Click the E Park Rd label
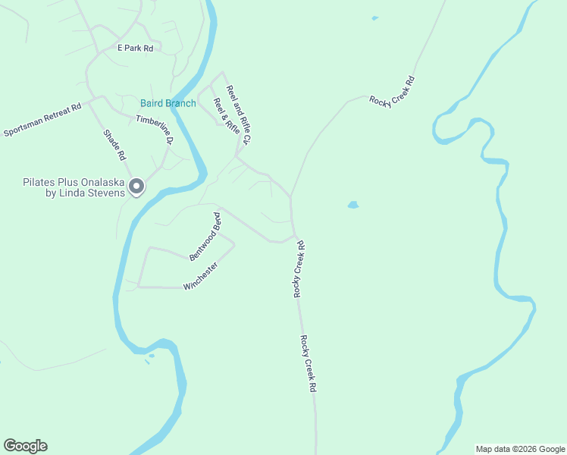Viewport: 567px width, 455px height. [x=135, y=48]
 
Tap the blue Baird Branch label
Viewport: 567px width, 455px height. [x=168, y=103]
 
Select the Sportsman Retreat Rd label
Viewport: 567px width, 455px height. [x=42, y=121]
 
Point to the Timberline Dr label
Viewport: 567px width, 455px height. [x=155, y=129]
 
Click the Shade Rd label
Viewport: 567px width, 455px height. [x=114, y=145]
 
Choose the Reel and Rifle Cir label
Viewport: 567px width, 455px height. [x=238, y=114]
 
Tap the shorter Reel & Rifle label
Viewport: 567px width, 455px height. [x=226, y=116]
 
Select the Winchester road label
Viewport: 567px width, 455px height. [x=201, y=276]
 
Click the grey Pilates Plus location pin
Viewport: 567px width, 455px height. [x=136, y=186]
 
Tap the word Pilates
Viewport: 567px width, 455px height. [x=39, y=182]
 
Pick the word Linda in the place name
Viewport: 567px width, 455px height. [x=73, y=193]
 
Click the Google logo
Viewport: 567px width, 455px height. [x=25, y=446]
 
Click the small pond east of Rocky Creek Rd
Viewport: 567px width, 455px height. [x=353, y=205]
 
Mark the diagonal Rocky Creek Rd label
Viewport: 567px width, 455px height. [x=392, y=92]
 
